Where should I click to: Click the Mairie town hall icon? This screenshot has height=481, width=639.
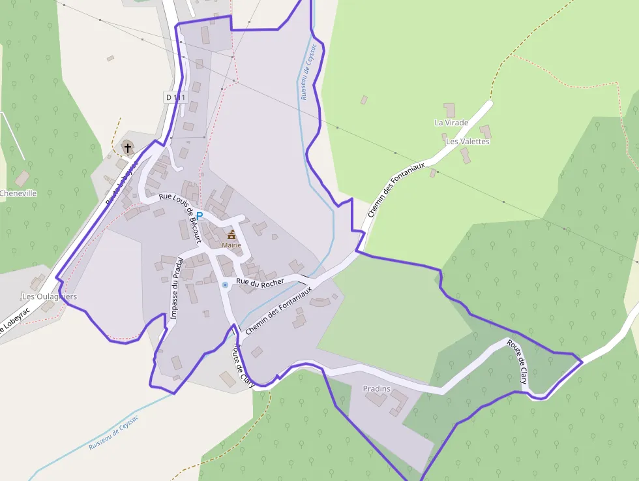(231, 234)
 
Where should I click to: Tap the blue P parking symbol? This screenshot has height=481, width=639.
(200, 216)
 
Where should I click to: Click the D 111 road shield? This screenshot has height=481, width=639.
(175, 97)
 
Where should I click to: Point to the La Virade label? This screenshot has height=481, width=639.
(451, 123)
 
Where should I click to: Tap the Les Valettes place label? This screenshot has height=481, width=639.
(468, 141)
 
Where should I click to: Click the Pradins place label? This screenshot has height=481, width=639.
(376, 389)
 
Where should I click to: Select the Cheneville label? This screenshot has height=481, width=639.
(18, 193)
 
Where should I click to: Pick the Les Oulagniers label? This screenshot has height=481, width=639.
(49, 296)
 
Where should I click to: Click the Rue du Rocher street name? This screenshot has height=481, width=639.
(260, 281)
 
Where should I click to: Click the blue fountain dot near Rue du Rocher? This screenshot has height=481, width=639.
(225, 285)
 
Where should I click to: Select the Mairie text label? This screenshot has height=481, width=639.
(231, 245)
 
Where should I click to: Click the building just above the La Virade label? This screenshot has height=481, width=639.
(450, 110)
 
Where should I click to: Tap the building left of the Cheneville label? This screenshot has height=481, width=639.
(22, 178)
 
